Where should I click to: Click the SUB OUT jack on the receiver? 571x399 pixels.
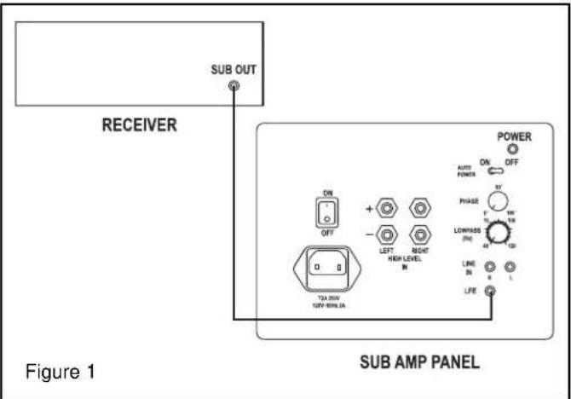coord(234,85)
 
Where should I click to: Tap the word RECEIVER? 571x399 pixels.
coord(140,125)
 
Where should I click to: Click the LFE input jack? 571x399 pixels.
coord(490,292)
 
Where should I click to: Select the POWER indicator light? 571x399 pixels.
coord(515,150)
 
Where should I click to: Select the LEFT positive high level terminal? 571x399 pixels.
coord(389,206)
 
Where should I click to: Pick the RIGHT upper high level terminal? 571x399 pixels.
coord(419,206)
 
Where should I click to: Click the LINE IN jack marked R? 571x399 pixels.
coord(490,267)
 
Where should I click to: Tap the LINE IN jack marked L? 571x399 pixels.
coord(510,267)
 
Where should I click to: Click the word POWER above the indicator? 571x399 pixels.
coord(514,136)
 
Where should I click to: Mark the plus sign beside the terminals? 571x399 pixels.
coord(369,206)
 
